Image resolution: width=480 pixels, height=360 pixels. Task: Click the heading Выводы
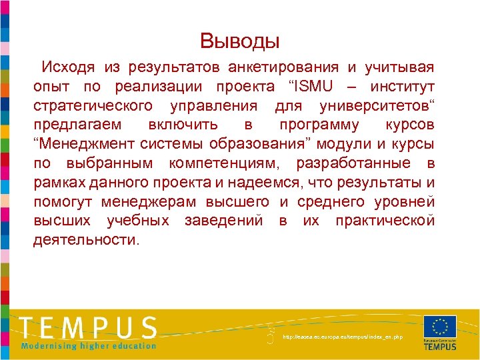tap(240, 41)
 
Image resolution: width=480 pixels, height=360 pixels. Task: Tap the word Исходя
tap(67, 67)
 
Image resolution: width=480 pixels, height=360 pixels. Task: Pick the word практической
tap(385, 221)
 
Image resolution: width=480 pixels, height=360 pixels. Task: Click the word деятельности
tap(86, 240)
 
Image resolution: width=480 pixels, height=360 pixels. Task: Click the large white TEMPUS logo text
tap(88, 327)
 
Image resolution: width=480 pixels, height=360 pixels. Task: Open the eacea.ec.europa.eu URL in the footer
tap(343, 337)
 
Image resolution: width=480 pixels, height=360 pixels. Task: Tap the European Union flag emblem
tap(439, 327)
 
